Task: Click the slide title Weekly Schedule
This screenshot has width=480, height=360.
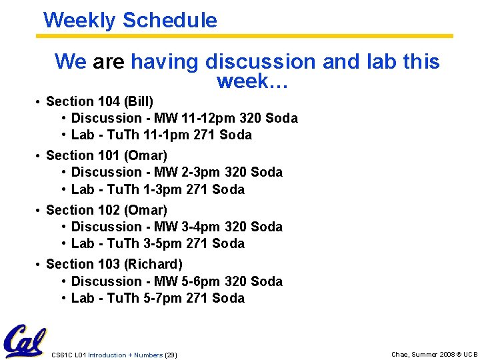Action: [130, 20]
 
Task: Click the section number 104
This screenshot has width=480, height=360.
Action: [107, 101]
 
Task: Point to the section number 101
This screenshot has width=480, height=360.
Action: [107, 155]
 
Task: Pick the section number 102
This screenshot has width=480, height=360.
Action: [107, 210]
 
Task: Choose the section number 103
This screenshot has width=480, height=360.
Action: [107, 264]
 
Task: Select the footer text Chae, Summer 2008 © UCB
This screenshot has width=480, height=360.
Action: [434, 355]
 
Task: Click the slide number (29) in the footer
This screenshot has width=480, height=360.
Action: [171, 355]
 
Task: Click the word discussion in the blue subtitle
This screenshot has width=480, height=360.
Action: [261, 62]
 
